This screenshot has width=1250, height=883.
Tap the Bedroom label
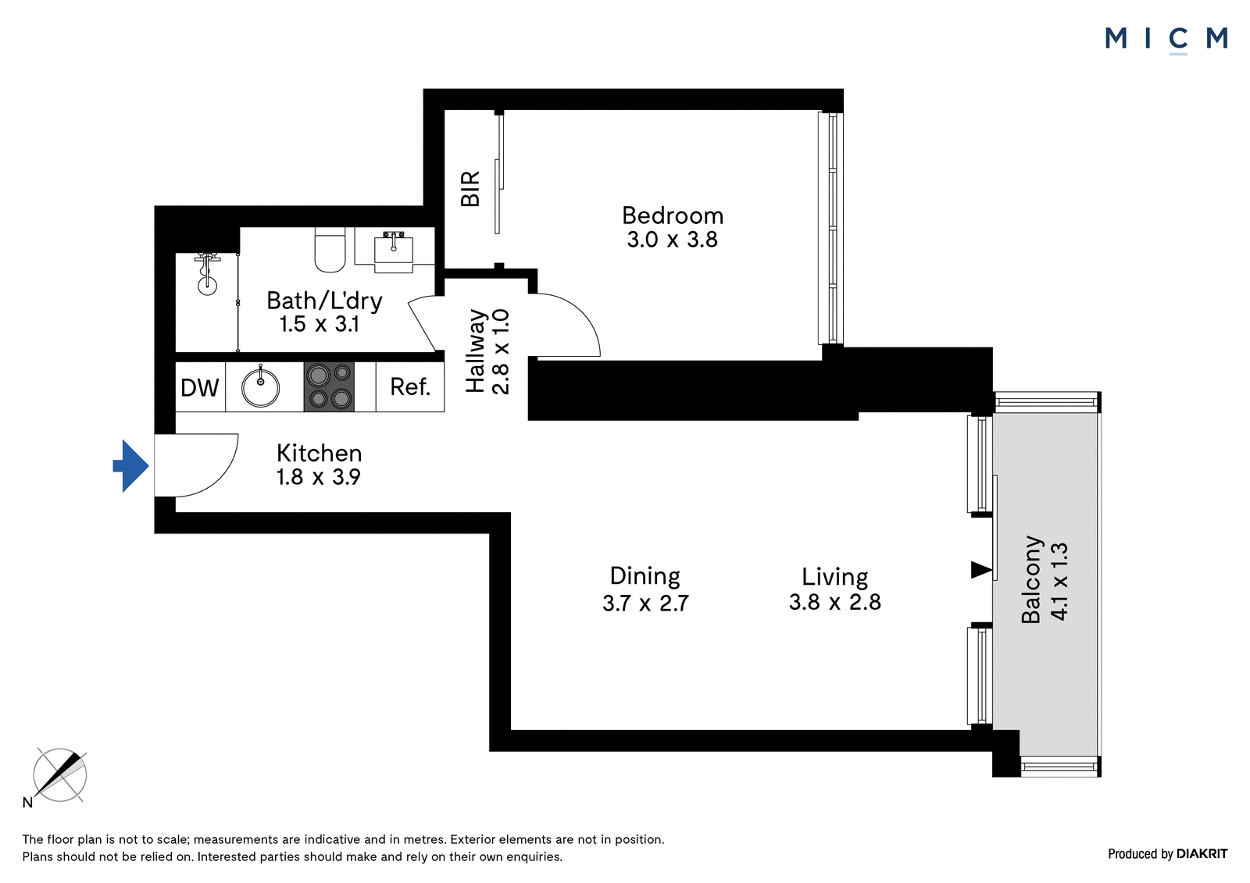(x=673, y=215)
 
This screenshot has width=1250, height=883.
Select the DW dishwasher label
(x=200, y=387)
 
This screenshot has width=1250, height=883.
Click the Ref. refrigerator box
(x=410, y=386)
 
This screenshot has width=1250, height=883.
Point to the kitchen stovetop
(x=329, y=386)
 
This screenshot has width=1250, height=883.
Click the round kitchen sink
(x=261, y=386)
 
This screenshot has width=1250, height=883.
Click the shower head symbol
(x=207, y=274)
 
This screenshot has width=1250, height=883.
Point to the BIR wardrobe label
(x=470, y=188)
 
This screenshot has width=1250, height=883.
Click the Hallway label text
(x=476, y=351)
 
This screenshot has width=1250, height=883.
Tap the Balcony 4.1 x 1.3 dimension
(x=1059, y=581)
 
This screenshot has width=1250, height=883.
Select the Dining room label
(x=645, y=575)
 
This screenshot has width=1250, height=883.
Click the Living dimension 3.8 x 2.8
(x=835, y=602)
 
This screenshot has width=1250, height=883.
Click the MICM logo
(x=1166, y=39)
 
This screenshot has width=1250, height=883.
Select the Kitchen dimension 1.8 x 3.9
(x=319, y=478)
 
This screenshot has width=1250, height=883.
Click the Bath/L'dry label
(x=324, y=301)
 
